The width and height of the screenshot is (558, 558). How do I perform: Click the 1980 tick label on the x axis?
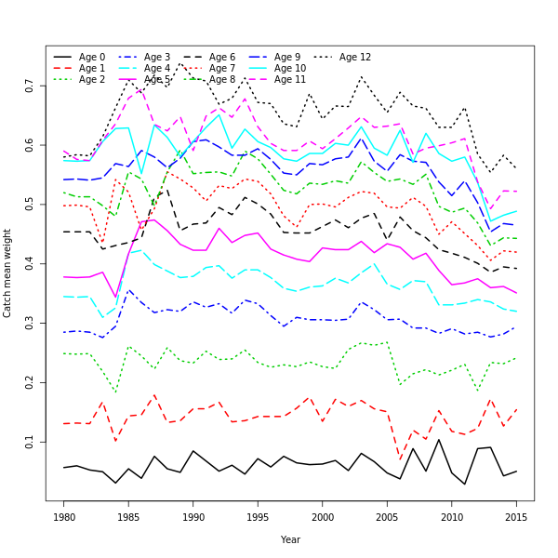point(64,517)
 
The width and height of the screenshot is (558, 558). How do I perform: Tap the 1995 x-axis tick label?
point(259,517)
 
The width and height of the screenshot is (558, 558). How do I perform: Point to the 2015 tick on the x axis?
point(517,517)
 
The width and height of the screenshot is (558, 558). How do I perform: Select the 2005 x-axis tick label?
point(388,517)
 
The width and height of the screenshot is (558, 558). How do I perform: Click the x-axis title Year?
point(290,539)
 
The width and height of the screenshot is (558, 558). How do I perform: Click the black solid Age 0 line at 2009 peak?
point(439,440)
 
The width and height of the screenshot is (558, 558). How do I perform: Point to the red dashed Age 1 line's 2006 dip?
point(401,459)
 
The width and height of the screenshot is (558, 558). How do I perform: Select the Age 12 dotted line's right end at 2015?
point(516,168)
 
